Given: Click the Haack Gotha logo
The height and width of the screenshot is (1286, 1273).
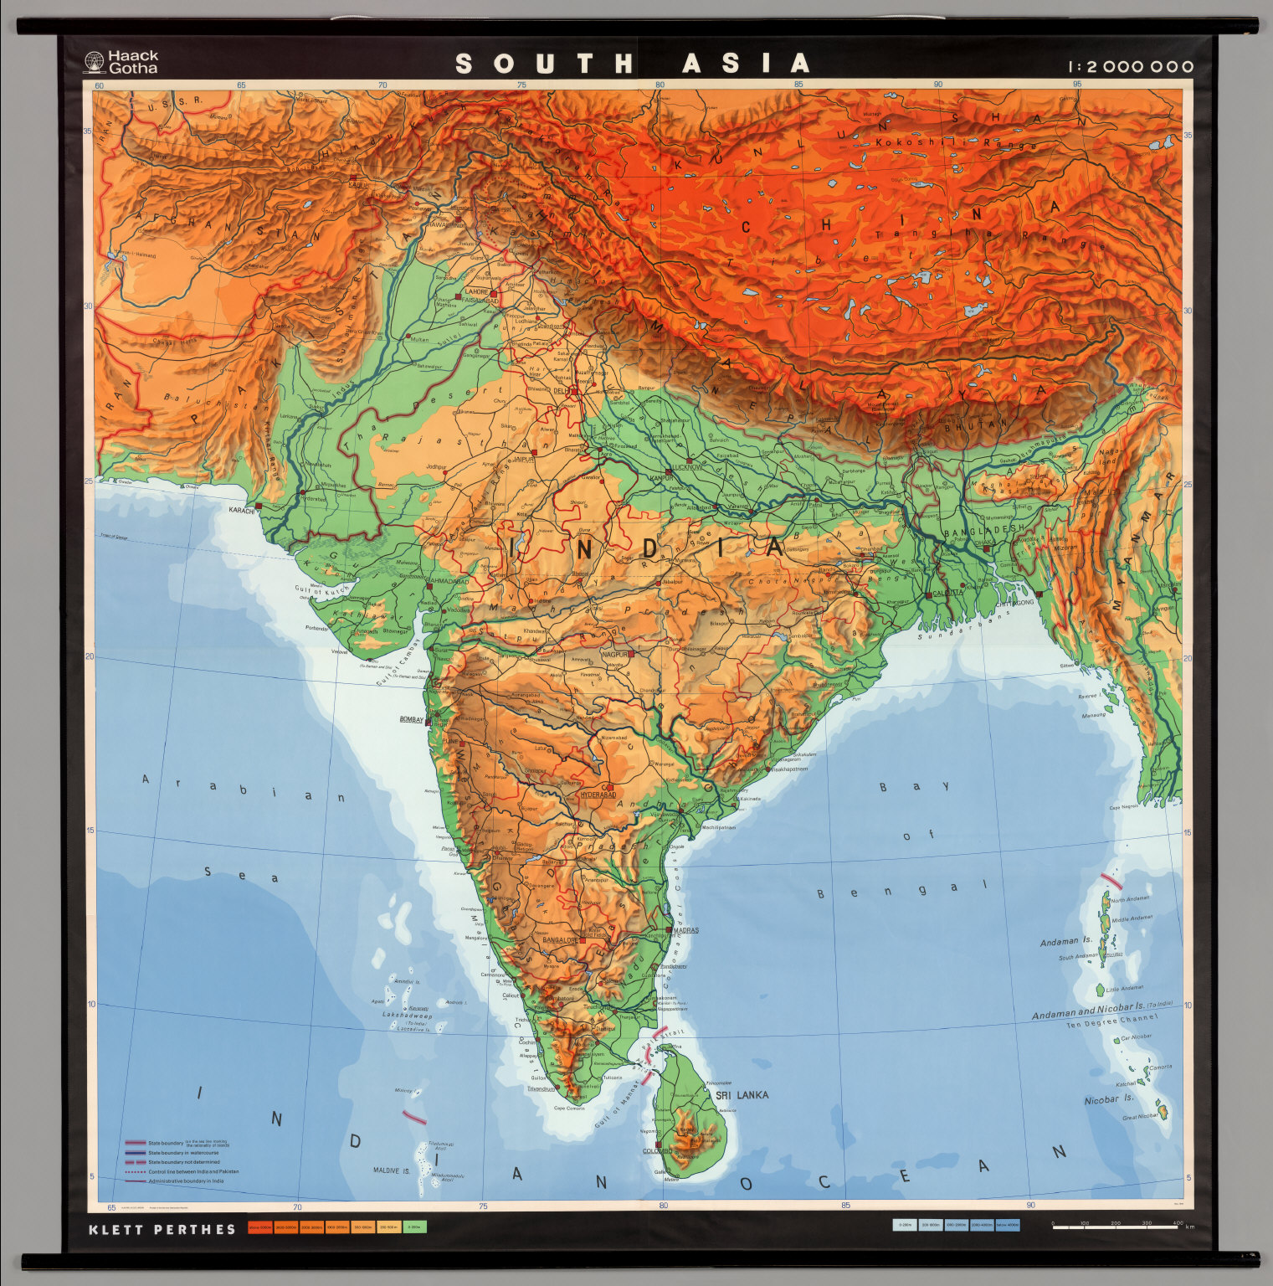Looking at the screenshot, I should pyautogui.click(x=121, y=62).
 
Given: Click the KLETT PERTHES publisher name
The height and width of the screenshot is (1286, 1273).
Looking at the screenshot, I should pyautogui.click(x=162, y=1229).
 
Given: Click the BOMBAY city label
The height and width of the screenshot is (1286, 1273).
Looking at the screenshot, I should pyautogui.click(x=413, y=719).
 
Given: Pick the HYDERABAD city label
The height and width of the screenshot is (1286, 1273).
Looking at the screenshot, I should pyautogui.click(x=598, y=794).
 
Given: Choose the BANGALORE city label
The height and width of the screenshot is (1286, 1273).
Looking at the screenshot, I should pyautogui.click(x=561, y=939).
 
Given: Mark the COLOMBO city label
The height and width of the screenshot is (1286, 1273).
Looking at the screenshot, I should pyautogui.click(x=657, y=1151).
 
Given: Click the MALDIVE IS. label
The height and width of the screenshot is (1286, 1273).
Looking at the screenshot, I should pyautogui.click(x=392, y=1170).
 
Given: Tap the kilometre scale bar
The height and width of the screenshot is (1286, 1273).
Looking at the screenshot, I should pyautogui.click(x=1115, y=1227).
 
